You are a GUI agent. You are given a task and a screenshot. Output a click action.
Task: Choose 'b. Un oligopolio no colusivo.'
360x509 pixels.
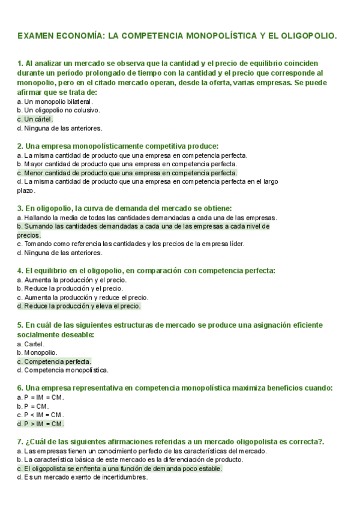point(58,110)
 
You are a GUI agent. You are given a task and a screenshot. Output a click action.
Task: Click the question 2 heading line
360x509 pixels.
point(118,146)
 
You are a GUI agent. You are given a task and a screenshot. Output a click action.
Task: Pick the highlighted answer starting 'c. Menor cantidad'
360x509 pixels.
point(127,173)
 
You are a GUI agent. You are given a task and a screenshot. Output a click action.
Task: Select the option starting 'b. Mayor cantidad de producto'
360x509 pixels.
point(127,164)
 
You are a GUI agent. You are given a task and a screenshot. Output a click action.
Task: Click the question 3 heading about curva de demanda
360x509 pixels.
point(124,208)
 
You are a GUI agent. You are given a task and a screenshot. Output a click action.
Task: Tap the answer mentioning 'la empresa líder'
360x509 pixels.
point(131,244)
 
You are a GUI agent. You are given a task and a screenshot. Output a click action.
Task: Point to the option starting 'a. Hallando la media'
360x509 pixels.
point(147,217)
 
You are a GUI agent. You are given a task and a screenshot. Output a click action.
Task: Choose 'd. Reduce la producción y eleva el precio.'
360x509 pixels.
point(79,306)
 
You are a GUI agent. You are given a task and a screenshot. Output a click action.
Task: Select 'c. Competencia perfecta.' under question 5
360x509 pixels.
point(55,361)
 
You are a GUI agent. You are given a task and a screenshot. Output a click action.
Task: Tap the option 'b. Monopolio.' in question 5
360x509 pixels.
point(37,353)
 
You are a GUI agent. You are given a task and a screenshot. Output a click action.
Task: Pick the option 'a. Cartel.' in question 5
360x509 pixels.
point(32,344)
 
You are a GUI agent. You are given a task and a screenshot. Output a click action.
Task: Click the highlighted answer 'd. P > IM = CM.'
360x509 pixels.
point(41,424)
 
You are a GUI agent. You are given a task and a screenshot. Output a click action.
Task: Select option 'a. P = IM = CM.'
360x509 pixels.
point(40,397)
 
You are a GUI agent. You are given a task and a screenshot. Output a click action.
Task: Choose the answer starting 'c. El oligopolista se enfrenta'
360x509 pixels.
point(120,469)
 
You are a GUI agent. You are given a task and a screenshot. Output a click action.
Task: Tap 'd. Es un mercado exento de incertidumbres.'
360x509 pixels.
point(82,478)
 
